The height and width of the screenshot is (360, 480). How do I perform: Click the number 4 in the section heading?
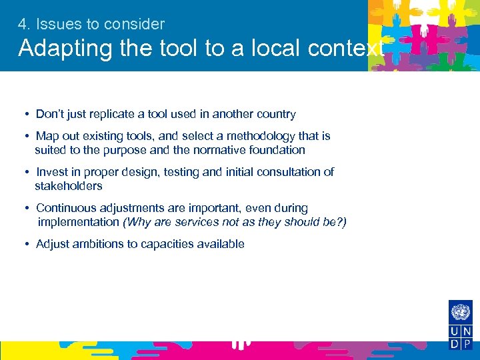[x=22, y=25]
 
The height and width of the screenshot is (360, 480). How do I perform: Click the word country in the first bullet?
[x=276, y=114]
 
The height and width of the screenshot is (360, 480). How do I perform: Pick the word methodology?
[x=247, y=136]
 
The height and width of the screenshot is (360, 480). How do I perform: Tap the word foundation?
[x=276, y=150]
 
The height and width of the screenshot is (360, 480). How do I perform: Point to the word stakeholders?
[x=69, y=186]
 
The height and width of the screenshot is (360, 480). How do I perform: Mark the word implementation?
[x=78, y=222]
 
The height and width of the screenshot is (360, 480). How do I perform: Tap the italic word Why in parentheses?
[x=137, y=222]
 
